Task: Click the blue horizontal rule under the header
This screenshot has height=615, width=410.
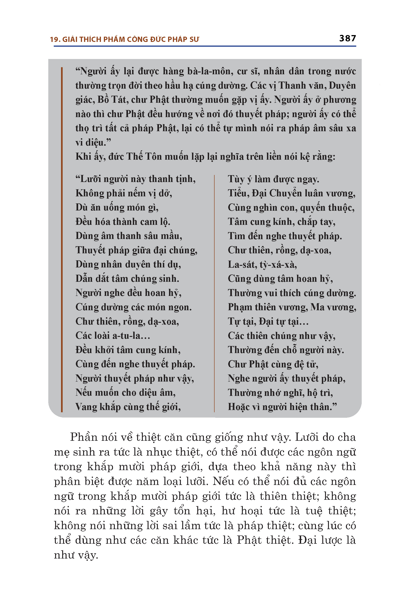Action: [x=205, y=46]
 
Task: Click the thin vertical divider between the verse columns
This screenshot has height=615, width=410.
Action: [x=214, y=293]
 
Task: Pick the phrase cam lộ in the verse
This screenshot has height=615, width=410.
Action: [x=155, y=222]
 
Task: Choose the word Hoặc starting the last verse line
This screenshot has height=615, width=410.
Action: [x=239, y=407]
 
